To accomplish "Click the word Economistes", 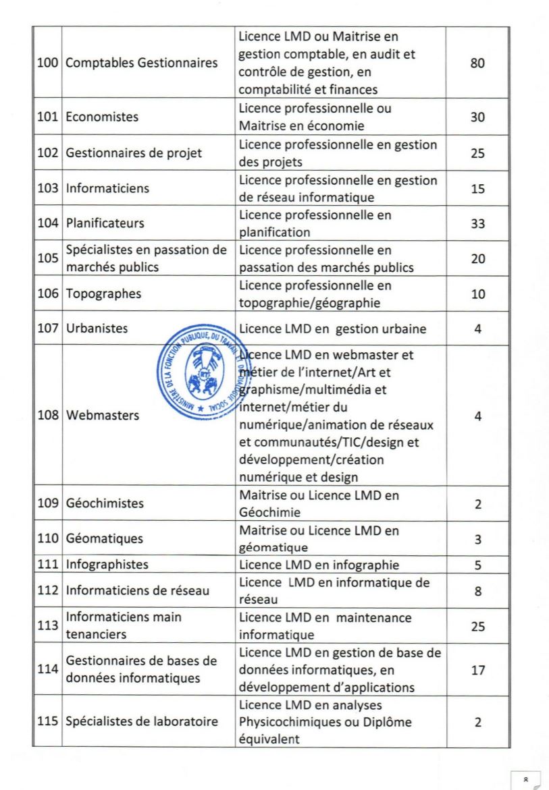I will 102,117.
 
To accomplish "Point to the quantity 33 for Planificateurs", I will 477,223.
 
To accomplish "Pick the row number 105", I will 47,259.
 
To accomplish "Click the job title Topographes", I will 103,294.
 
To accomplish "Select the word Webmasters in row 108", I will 103,415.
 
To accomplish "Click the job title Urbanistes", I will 97,329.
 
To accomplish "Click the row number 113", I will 47,627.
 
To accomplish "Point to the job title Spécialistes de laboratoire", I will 141,721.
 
